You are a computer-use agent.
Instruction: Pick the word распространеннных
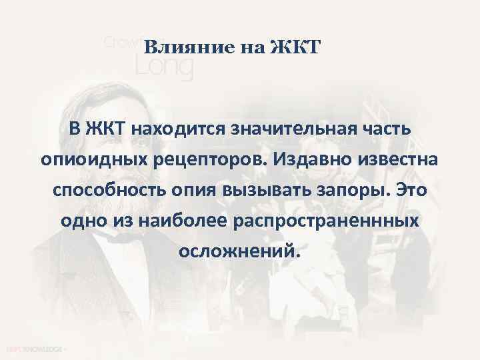pos(326,222)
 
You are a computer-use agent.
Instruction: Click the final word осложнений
pos(240,253)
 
